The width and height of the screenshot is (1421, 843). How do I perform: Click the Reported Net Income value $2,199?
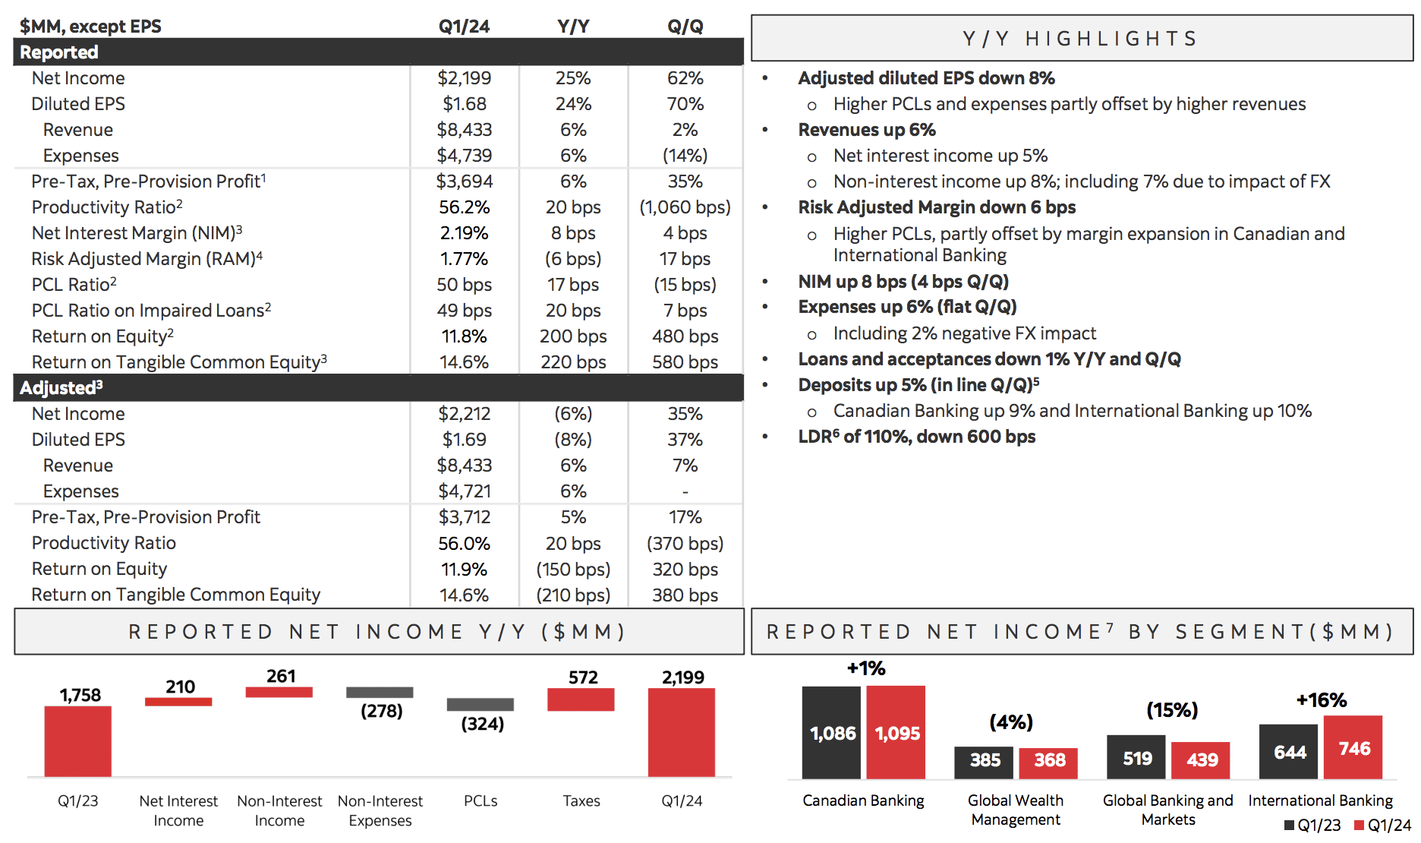pyautogui.click(x=464, y=78)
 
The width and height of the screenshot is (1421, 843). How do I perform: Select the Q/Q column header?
pyautogui.click(x=685, y=27)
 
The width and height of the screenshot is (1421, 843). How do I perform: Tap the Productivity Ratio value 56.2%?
pyautogui.click(x=464, y=207)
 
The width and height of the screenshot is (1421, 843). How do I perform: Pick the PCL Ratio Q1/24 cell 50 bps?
pyautogui.click(x=464, y=285)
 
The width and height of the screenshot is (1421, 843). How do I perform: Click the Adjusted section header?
pyautogui.click(x=61, y=388)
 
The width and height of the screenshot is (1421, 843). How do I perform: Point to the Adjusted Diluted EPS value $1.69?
pyautogui.click(x=464, y=440)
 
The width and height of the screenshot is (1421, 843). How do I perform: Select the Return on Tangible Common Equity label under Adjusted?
pyautogui.click(x=175, y=595)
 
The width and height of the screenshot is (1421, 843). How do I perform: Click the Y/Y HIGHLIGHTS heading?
pyautogui.click(x=1080, y=39)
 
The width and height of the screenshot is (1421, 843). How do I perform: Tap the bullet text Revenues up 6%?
pyautogui.click(x=866, y=130)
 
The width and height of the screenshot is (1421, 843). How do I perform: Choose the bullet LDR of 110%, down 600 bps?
pyautogui.click(x=916, y=437)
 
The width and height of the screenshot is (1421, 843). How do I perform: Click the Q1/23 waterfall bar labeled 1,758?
pyautogui.click(x=77, y=741)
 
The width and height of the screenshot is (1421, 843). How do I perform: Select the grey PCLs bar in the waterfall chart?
pyautogui.click(x=480, y=704)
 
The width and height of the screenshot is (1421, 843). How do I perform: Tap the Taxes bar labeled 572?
pyautogui.click(x=581, y=699)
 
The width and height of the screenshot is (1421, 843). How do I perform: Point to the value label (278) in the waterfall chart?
pyautogui.click(x=381, y=712)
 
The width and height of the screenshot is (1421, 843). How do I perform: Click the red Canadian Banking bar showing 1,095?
pyautogui.click(x=896, y=732)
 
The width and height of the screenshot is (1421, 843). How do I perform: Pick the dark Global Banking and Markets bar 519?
pyautogui.click(x=1136, y=756)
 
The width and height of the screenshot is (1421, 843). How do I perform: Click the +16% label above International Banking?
pyautogui.click(x=1321, y=700)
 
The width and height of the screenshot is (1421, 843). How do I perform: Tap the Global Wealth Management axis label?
pyautogui.click(x=1016, y=810)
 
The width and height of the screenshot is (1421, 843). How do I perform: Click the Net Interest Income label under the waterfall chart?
pyautogui.click(x=178, y=810)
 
